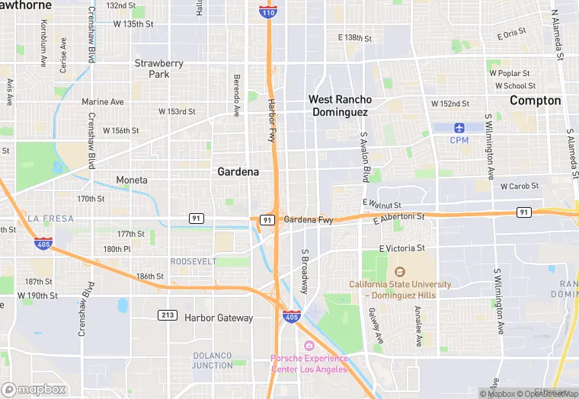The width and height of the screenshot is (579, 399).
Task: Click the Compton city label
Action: (535, 101)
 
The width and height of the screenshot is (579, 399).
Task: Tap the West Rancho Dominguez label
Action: (340, 106)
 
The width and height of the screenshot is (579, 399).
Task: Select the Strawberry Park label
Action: (158, 69)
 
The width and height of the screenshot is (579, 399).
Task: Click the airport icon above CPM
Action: (459, 127)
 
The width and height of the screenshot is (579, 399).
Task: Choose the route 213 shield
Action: (168, 314)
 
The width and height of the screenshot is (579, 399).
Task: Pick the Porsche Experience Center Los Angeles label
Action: (309, 364)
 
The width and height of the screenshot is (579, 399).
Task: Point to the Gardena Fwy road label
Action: (309, 220)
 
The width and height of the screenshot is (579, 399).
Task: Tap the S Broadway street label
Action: (305, 272)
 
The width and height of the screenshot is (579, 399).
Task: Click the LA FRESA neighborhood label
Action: (51, 219)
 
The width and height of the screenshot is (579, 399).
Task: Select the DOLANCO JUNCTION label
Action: (213, 360)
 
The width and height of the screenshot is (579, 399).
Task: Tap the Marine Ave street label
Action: (103, 102)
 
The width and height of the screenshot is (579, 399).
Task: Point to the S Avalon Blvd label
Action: (364, 156)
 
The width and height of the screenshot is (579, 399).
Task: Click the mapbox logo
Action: (34, 389)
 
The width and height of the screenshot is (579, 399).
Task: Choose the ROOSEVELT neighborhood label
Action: (194, 261)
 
